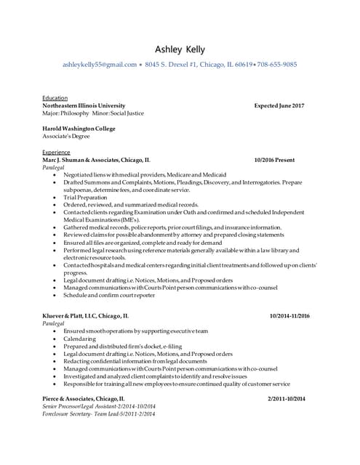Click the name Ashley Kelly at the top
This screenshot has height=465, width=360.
180,49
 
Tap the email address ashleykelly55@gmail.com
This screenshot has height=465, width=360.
100,65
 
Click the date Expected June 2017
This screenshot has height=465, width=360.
279,106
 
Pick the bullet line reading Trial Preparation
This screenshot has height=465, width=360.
85,197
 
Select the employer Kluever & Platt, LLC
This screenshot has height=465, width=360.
86,316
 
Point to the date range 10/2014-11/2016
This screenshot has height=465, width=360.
289,316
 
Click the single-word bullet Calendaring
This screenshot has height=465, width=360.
80,339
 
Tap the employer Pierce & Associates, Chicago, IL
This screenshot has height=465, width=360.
84,399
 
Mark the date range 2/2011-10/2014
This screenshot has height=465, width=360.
287,399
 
